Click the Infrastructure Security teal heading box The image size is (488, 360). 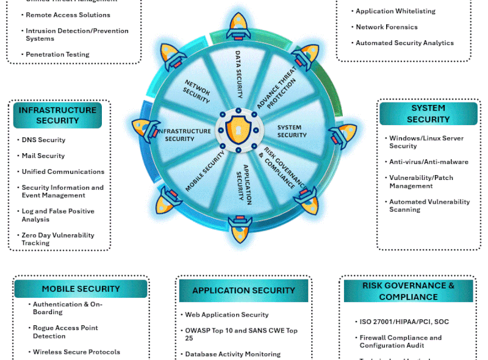[57, 115]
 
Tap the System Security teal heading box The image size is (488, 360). [428, 113]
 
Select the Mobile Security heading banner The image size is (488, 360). [81, 289]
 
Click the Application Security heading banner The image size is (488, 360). [243, 290]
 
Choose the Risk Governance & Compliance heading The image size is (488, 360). [408, 291]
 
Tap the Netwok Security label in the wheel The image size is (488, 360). [197, 92]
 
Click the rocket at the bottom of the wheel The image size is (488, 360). [240, 225]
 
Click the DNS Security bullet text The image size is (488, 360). [43, 140]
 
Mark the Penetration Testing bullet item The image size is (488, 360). [57, 54]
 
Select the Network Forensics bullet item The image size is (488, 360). [387, 27]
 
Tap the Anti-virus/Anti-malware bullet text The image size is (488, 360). [429, 162]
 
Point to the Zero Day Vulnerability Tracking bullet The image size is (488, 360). [58, 239]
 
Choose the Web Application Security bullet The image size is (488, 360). [227, 315]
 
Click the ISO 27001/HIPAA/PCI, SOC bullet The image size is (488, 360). [404, 322]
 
